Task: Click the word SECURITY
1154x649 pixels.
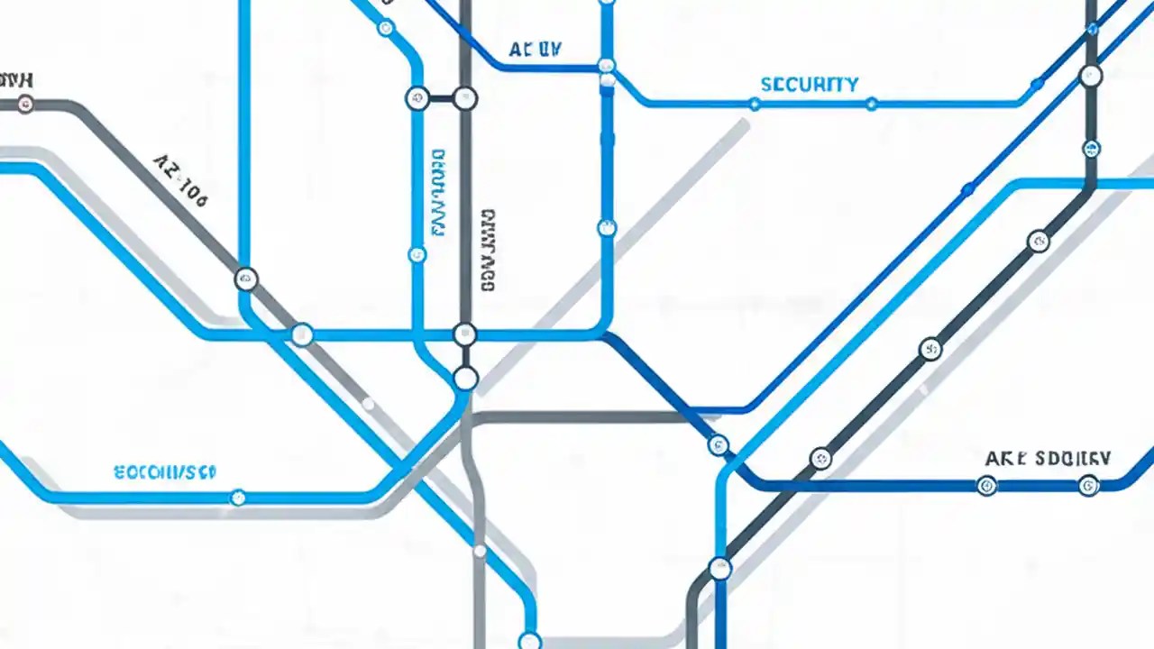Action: [x=810, y=85]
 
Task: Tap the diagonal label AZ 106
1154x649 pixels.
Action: [x=180, y=180]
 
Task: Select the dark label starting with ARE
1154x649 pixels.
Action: [x=1048, y=458]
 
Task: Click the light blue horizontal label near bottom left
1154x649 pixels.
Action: [x=165, y=471]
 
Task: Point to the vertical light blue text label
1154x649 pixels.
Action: [x=438, y=193]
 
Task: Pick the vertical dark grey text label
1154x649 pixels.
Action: [x=488, y=250]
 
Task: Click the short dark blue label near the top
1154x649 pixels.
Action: [x=535, y=50]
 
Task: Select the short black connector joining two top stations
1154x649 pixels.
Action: [x=441, y=98]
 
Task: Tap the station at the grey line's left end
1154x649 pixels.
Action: [x=25, y=104]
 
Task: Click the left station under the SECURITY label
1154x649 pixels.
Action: [x=754, y=105]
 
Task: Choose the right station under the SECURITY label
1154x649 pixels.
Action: [x=871, y=105]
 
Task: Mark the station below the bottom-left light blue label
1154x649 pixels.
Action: [x=238, y=497]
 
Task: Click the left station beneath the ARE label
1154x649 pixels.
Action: [x=987, y=486]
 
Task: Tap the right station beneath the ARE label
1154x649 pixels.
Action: [x=1088, y=486]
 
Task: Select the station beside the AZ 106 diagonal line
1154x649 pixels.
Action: [x=246, y=279]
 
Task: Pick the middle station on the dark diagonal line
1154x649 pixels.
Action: [x=930, y=349]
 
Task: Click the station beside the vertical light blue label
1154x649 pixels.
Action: [x=417, y=255]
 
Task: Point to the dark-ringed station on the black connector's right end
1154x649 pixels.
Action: [x=465, y=98]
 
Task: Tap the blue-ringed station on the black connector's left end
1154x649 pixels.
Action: [x=417, y=98]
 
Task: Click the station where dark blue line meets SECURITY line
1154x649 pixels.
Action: [x=607, y=66]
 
